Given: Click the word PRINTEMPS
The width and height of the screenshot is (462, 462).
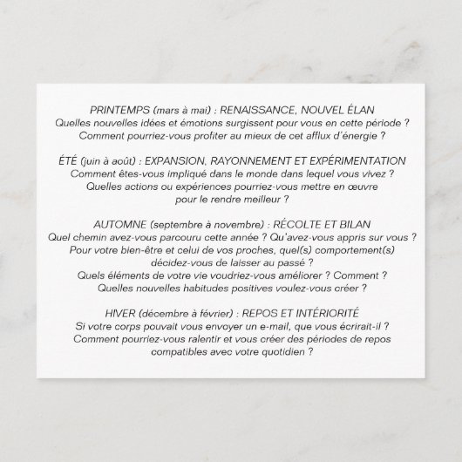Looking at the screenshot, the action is [119, 112].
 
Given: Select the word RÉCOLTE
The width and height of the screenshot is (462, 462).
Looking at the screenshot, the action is [295, 224].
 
